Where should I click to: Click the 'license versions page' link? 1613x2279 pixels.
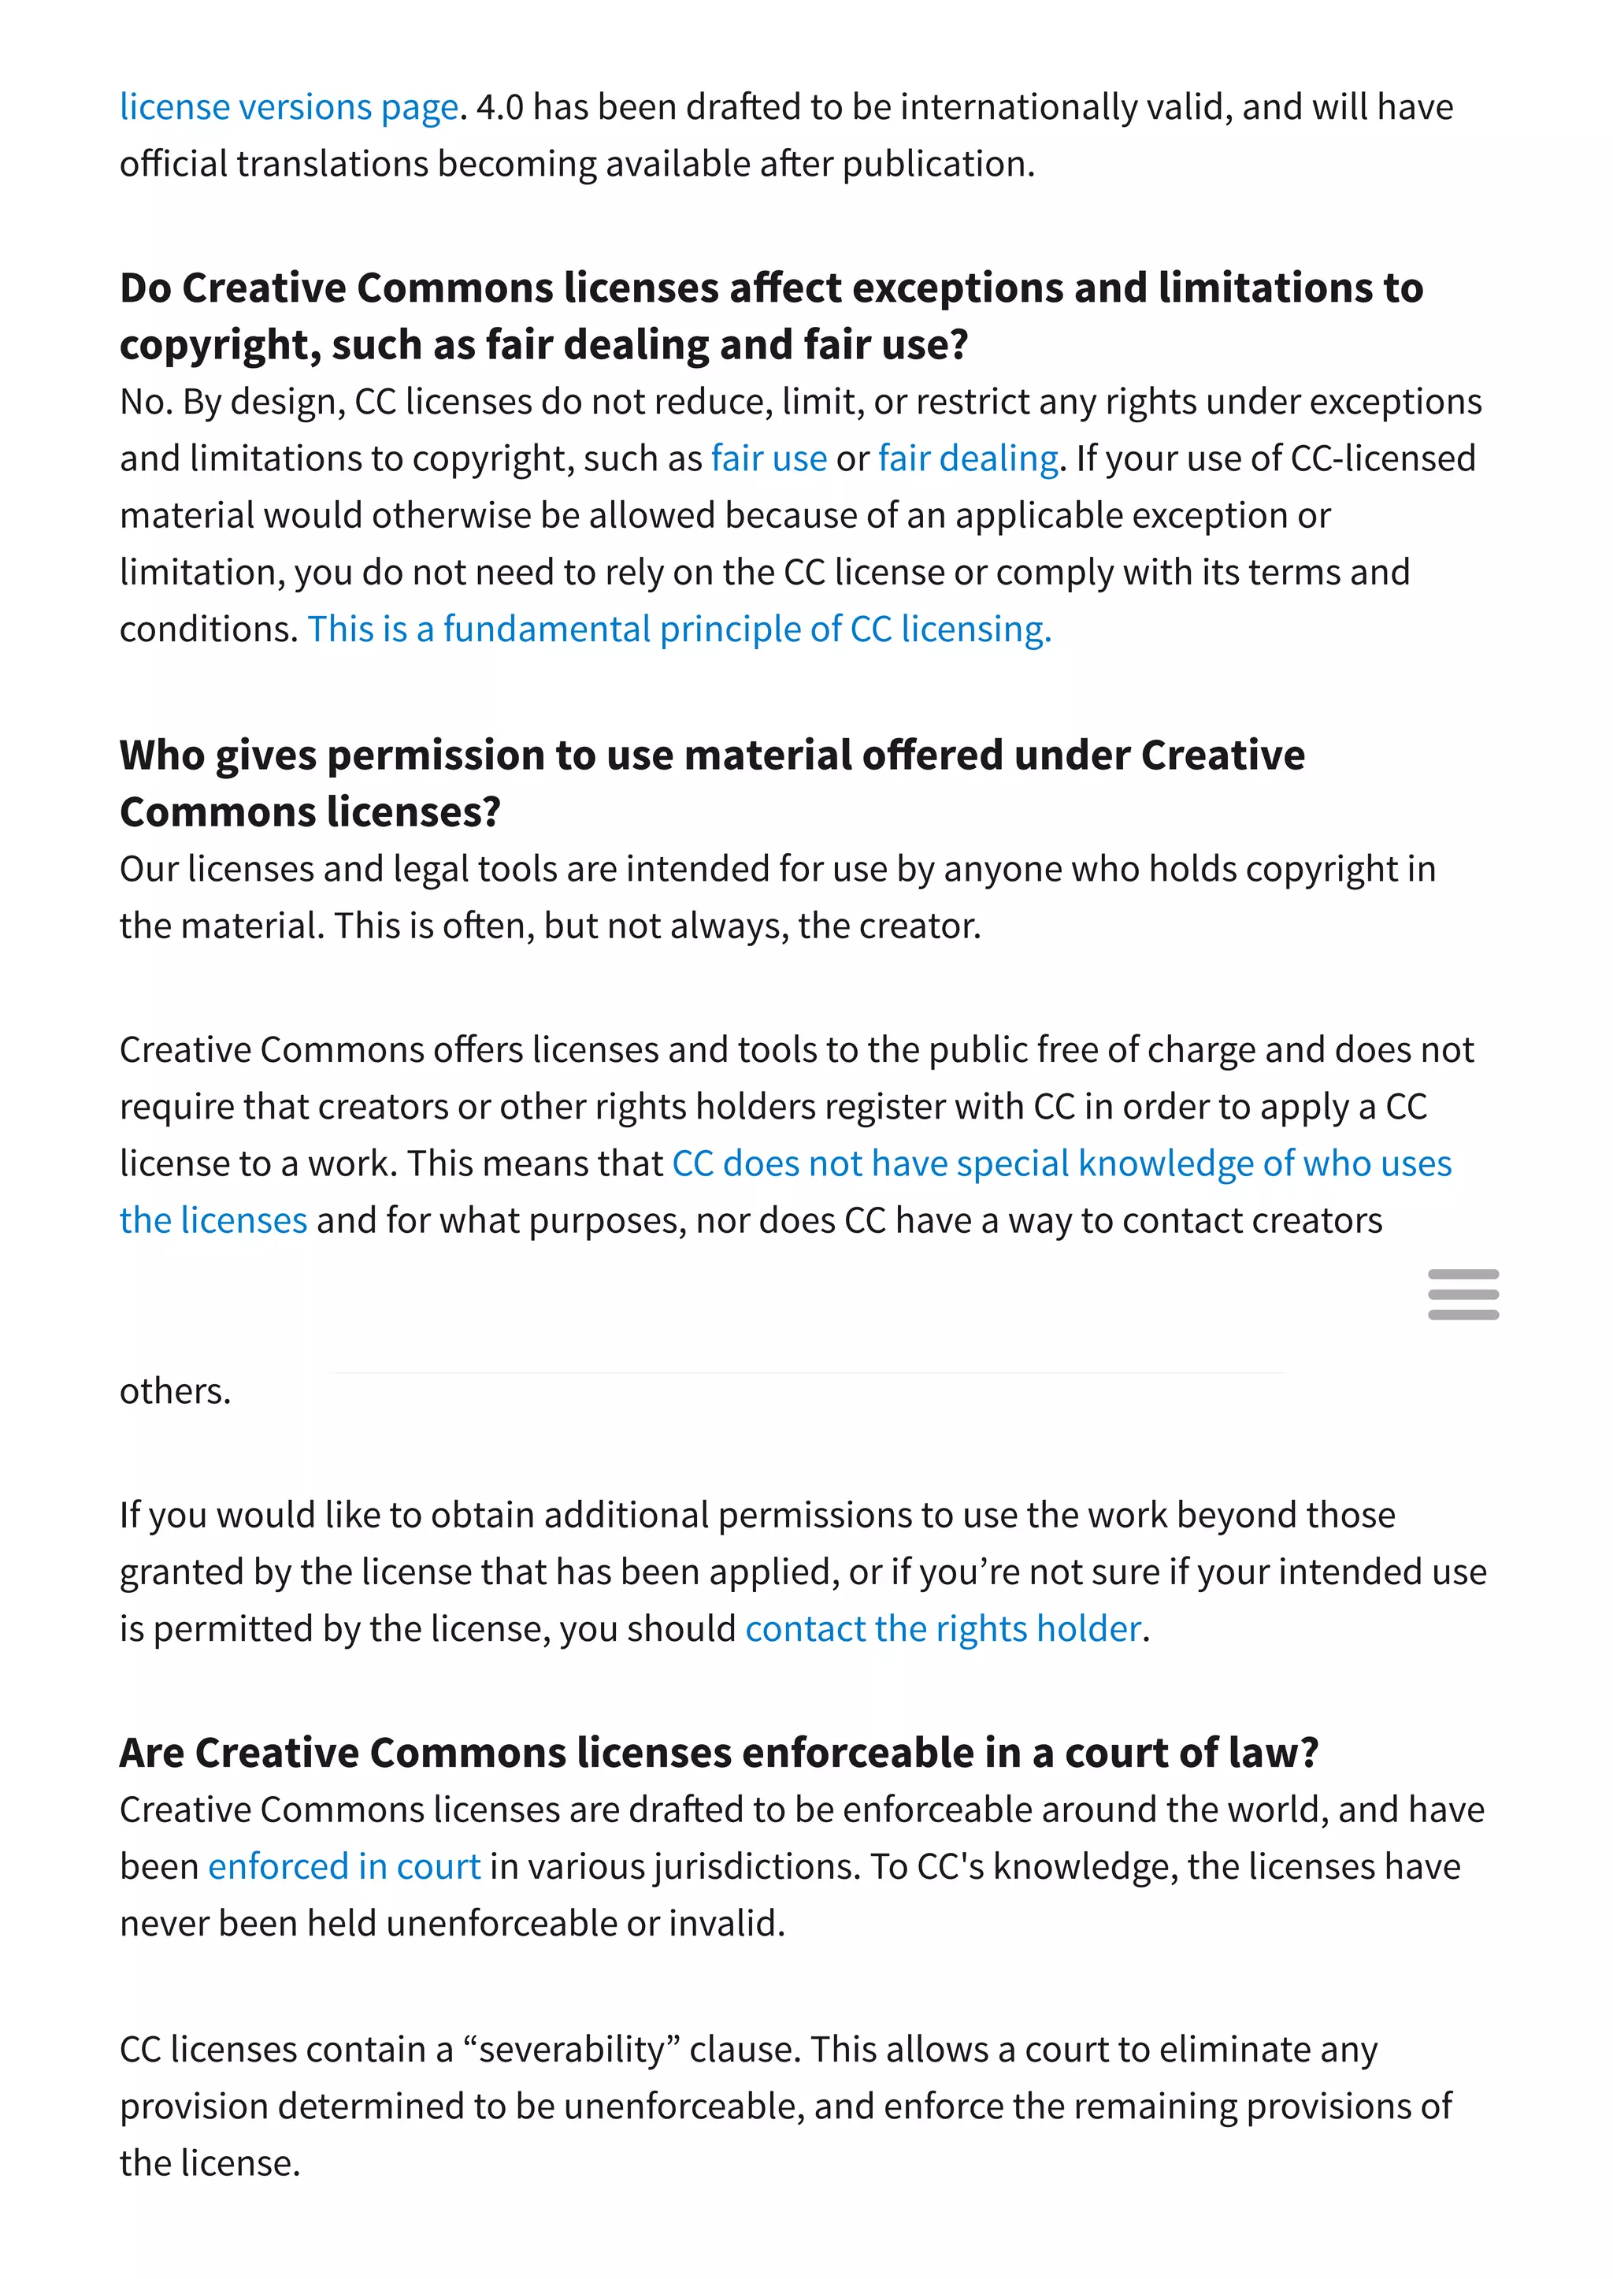[288, 107]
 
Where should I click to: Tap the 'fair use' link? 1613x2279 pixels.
[769, 459]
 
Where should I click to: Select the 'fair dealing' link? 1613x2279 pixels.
[969, 459]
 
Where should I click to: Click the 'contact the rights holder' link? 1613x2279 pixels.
[943, 1629]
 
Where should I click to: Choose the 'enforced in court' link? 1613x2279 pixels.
[343, 1867]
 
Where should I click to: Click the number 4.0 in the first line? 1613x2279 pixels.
[499, 107]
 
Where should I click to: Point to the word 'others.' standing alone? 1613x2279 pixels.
[175, 1391]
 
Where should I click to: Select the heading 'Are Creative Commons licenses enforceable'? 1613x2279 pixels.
[718, 1754]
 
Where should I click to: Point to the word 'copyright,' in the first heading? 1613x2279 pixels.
[221, 346]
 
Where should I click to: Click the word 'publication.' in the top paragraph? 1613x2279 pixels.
[939, 164]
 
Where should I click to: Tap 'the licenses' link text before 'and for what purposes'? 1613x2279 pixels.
[213, 1221]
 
